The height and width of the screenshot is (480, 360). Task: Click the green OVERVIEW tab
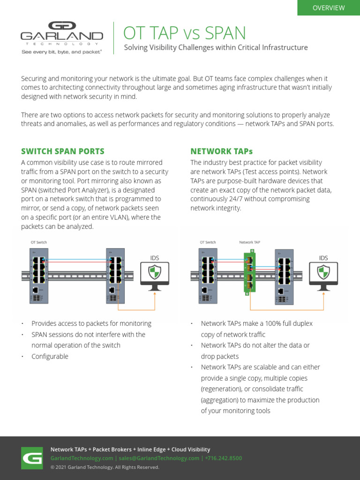tap(329, 8)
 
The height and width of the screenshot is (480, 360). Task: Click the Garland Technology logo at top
tap(61, 33)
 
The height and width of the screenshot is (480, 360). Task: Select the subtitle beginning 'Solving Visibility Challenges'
tap(216, 47)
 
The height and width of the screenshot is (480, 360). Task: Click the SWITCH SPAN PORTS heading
tap(63, 151)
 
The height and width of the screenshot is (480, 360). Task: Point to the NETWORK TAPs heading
tap(221, 151)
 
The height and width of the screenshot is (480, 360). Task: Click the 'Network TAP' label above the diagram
tap(249, 242)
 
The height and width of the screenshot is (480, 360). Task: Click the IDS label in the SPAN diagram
tap(154, 258)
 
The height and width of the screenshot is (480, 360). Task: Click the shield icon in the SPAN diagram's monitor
tap(154, 272)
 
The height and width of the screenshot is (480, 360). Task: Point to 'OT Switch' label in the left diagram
tap(38, 242)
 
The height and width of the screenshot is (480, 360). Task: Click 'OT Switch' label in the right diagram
tap(208, 242)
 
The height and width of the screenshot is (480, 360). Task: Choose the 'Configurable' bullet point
tap(50, 356)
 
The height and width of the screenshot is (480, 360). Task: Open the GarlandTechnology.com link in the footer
tap(82, 458)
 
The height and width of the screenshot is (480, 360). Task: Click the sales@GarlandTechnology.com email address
tap(159, 458)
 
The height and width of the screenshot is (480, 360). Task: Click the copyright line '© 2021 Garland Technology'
tap(105, 467)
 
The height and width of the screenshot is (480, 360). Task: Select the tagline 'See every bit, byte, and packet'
tap(61, 52)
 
